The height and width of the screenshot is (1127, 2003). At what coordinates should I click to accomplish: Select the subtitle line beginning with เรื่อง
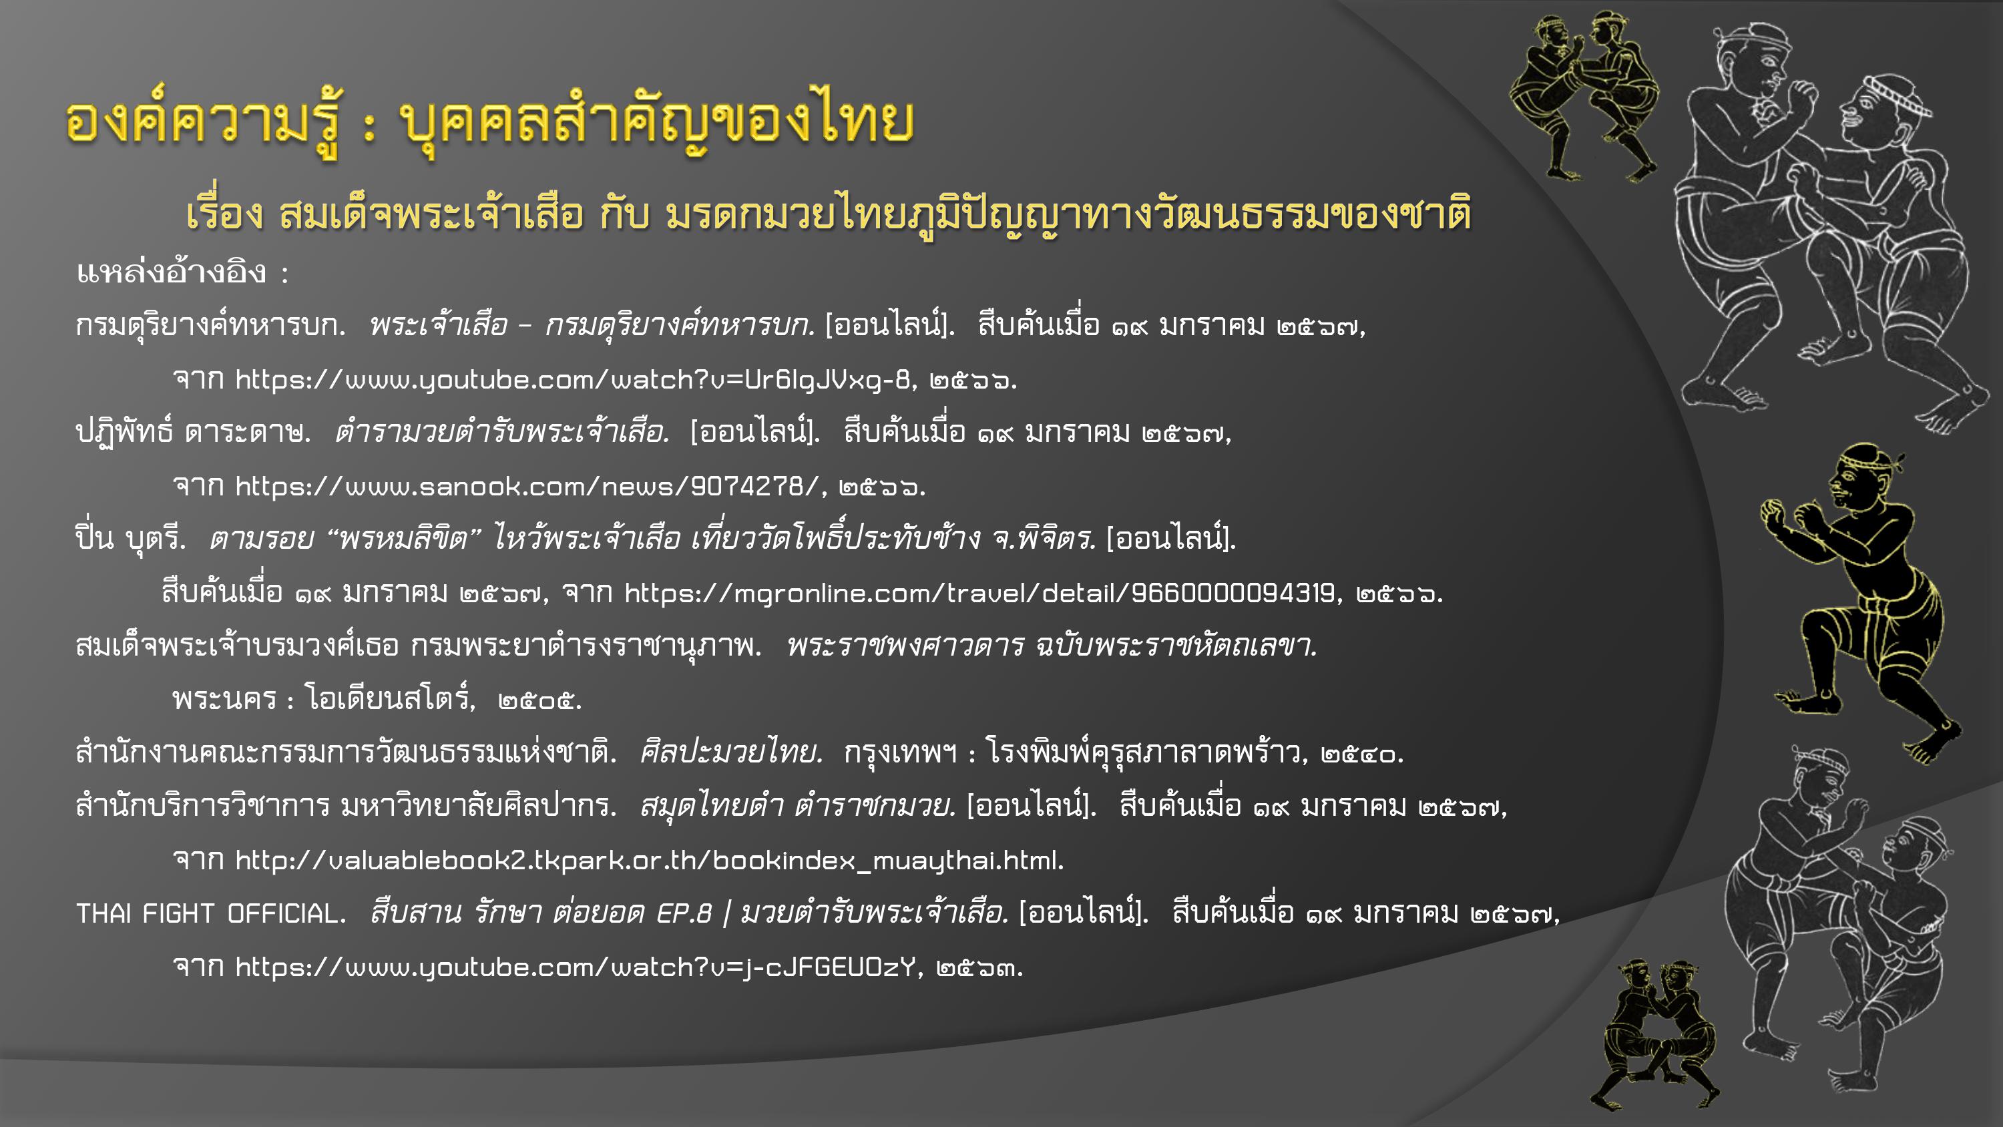click(829, 212)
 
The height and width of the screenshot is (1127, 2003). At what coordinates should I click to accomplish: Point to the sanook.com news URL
click(526, 486)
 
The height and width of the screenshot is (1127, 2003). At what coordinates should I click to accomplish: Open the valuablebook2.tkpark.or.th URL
click(648, 860)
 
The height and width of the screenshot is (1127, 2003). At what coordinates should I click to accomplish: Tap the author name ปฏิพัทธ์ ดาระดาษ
click(193, 432)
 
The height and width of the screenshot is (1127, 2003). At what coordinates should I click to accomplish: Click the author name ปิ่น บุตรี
click(131, 538)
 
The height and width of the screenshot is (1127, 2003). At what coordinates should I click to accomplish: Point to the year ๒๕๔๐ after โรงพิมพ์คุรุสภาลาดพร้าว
click(1360, 754)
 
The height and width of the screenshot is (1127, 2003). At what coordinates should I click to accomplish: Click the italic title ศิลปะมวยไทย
click(729, 752)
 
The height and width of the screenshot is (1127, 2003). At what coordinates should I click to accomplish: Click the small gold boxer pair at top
click(1584, 95)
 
